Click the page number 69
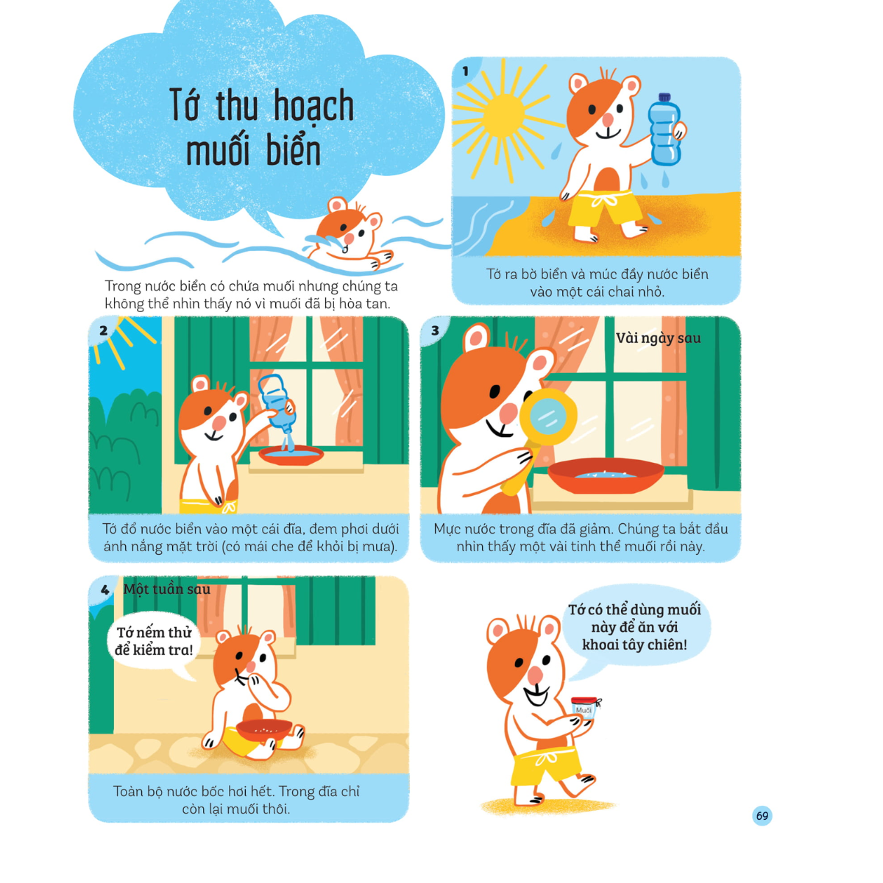pyautogui.click(x=762, y=815)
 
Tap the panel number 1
pyautogui.click(x=466, y=71)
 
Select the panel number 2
pyautogui.click(x=104, y=331)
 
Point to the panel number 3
pyautogui.click(x=436, y=331)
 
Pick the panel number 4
pyautogui.click(x=105, y=590)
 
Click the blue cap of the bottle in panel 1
pyautogui.click(x=664, y=97)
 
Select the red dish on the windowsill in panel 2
pyautogui.click(x=291, y=455)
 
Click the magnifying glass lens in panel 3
pyautogui.click(x=548, y=417)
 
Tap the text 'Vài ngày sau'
pyautogui.click(x=658, y=338)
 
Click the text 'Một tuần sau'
pyautogui.click(x=167, y=589)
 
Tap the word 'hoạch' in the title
pyautogui.click(x=313, y=106)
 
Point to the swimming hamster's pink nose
pyautogui.click(x=350, y=238)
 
